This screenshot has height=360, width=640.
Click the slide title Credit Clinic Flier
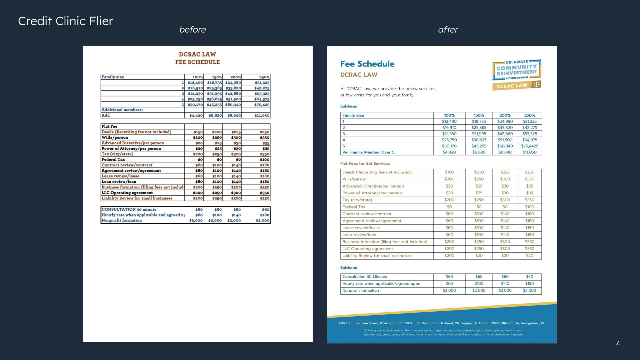point(66,21)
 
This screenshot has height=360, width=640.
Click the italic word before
point(192,30)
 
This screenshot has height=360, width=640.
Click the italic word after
point(448,30)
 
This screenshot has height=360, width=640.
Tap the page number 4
point(618,344)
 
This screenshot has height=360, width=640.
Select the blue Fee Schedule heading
point(367,64)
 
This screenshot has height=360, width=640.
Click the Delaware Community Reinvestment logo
point(516,70)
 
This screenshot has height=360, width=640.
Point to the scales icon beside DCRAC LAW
point(536,84)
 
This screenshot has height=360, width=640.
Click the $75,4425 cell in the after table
point(530,146)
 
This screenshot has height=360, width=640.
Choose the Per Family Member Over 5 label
point(368,152)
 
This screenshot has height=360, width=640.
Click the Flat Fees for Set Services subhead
point(365,163)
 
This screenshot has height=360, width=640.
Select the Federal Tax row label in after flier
point(354,207)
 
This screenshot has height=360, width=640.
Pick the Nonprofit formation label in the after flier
point(360,291)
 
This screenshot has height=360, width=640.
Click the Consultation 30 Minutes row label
point(364,277)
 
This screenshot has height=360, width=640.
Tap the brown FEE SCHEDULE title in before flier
point(197,62)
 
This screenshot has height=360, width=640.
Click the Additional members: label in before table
point(122,110)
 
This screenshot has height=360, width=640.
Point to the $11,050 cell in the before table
point(262,116)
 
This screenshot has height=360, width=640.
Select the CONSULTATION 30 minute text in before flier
point(129,209)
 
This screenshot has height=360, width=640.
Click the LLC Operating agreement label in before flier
point(127,193)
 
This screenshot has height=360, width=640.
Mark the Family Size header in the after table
point(353,115)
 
